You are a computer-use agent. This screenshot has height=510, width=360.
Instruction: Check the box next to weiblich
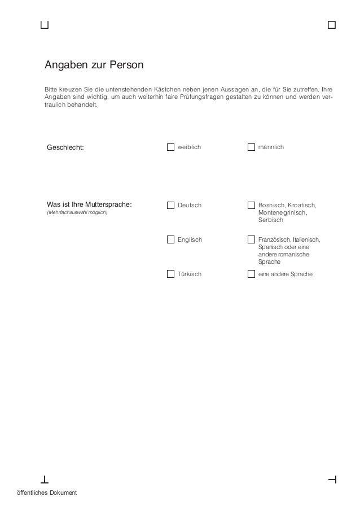coord(170,147)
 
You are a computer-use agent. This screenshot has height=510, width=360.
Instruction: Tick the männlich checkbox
coord(251,147)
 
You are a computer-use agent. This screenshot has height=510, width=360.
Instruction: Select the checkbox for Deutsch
coord(170,205)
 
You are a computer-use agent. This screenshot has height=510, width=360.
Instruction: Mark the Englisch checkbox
coord(170,239)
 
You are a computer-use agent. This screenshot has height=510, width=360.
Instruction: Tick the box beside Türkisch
coord(170,274)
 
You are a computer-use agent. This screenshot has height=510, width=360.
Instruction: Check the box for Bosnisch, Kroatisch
coord(251,205)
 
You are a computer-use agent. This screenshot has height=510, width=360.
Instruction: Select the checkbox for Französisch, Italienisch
coord(251,239)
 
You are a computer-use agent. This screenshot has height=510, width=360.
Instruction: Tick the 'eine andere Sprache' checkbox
coord(251,274)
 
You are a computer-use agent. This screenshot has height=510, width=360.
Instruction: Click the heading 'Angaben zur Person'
coord(94,65)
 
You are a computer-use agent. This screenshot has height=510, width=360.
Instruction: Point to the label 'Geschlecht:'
coord(65,147)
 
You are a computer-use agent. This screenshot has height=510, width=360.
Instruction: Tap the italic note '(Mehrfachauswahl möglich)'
coord(76,213)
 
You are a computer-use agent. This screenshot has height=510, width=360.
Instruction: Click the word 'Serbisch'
coord(270,220)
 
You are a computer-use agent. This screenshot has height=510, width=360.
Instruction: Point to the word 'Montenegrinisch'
coord(282,212)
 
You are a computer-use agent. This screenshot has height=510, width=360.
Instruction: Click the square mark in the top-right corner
coord(331,25)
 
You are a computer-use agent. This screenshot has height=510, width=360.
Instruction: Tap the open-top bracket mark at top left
coord(45,25)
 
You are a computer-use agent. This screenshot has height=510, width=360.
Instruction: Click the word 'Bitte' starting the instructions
coord(51,90)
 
